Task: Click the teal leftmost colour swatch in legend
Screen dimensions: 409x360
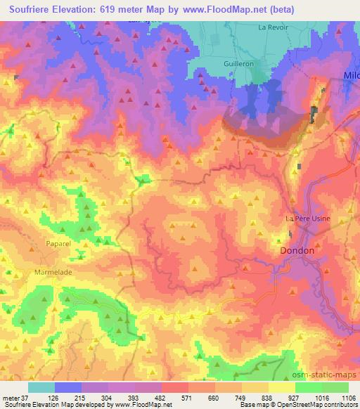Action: click(40, 387)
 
